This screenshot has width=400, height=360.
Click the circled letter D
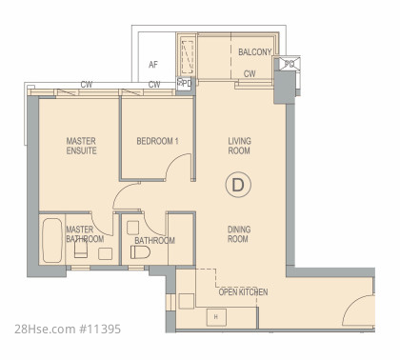(238, 185)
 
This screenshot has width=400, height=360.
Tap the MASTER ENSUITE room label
(81, 146)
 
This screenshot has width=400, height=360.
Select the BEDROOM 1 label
(157, 141)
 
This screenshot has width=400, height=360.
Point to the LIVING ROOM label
(239, 146)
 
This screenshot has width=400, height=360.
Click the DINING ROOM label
(239, 234)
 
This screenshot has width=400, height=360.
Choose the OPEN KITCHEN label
(243, 292)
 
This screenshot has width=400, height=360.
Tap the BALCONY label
(255, 51)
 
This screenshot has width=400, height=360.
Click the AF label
(153, 65)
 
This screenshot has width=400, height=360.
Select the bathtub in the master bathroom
(52, 240)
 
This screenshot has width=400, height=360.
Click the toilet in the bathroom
(140, 252)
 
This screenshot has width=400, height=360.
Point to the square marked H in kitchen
(216, 317)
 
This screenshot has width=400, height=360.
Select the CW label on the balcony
(250, 74)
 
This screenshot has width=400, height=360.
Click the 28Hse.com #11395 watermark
(68, 330)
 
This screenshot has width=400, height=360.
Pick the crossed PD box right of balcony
(290, 64)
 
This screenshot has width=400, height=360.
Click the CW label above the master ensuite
(87, 85)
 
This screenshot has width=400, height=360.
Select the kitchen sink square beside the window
(187, 301)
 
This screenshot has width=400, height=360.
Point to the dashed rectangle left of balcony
(188, 57)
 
